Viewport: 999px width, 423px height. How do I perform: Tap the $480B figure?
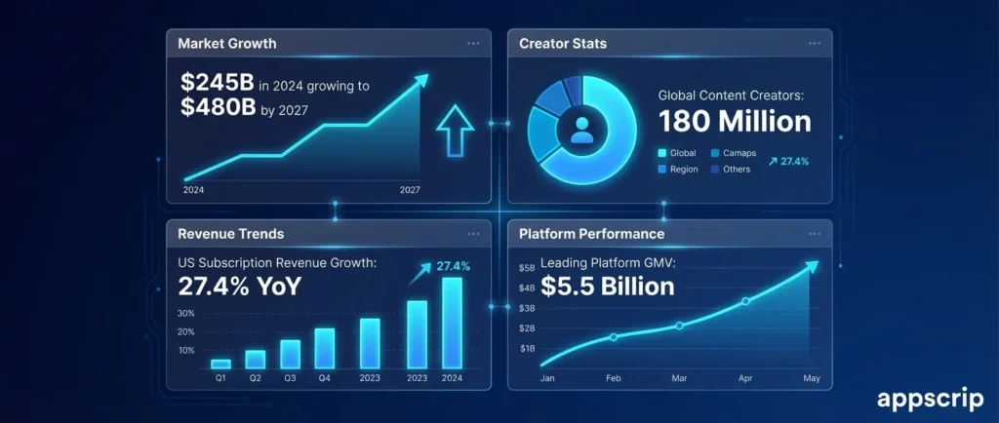[218, 109]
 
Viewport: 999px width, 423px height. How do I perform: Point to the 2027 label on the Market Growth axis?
[410, 190]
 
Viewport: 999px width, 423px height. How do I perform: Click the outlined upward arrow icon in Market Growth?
[454, 132]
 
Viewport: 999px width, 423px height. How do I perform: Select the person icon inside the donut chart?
[581, 132]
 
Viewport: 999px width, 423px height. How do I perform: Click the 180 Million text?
[734, 122]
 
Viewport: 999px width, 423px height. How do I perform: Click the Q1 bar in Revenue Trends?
[220, 364]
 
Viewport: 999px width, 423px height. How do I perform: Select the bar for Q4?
[325, 348]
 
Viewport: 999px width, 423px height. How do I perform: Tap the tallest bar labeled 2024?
[452, 323]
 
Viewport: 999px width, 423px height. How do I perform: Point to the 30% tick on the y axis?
[186, 314]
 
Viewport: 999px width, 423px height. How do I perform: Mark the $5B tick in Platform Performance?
[527, 268]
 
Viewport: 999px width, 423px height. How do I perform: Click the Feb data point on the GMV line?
[614, 337]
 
